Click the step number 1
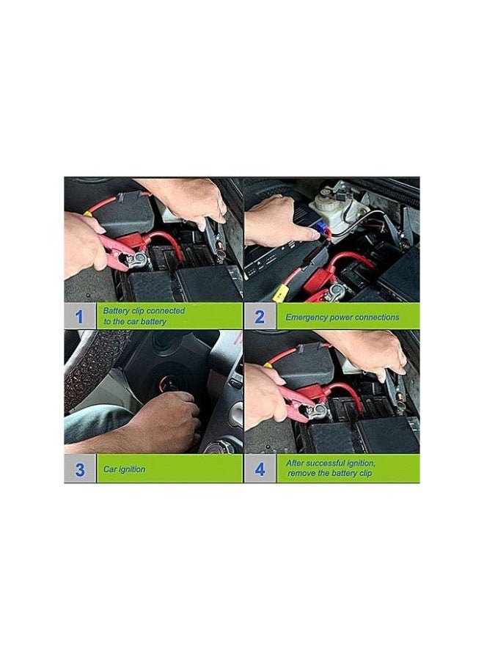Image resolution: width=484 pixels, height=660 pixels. pyautogui.click(x=80, y=316)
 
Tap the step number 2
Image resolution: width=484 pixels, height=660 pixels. pyautogui.click(x=259, y=317)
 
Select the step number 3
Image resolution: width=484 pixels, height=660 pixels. pyautogui.click(x=80, y=469)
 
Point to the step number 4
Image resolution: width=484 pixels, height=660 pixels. pyautogui.click(x=259, y=469)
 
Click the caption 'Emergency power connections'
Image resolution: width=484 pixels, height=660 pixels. pyautogui.click(x=342, y=318)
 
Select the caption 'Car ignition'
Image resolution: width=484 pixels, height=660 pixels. pyautogui.click(x=124, y=469)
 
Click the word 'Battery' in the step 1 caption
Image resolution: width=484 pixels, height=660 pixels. pyautogui.click(x=115, y=311)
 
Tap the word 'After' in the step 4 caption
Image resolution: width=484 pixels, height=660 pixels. pyautogui.click(x=298, y=463)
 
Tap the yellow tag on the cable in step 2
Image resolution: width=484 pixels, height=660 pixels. pyautogui.click(x=280, y=293)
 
